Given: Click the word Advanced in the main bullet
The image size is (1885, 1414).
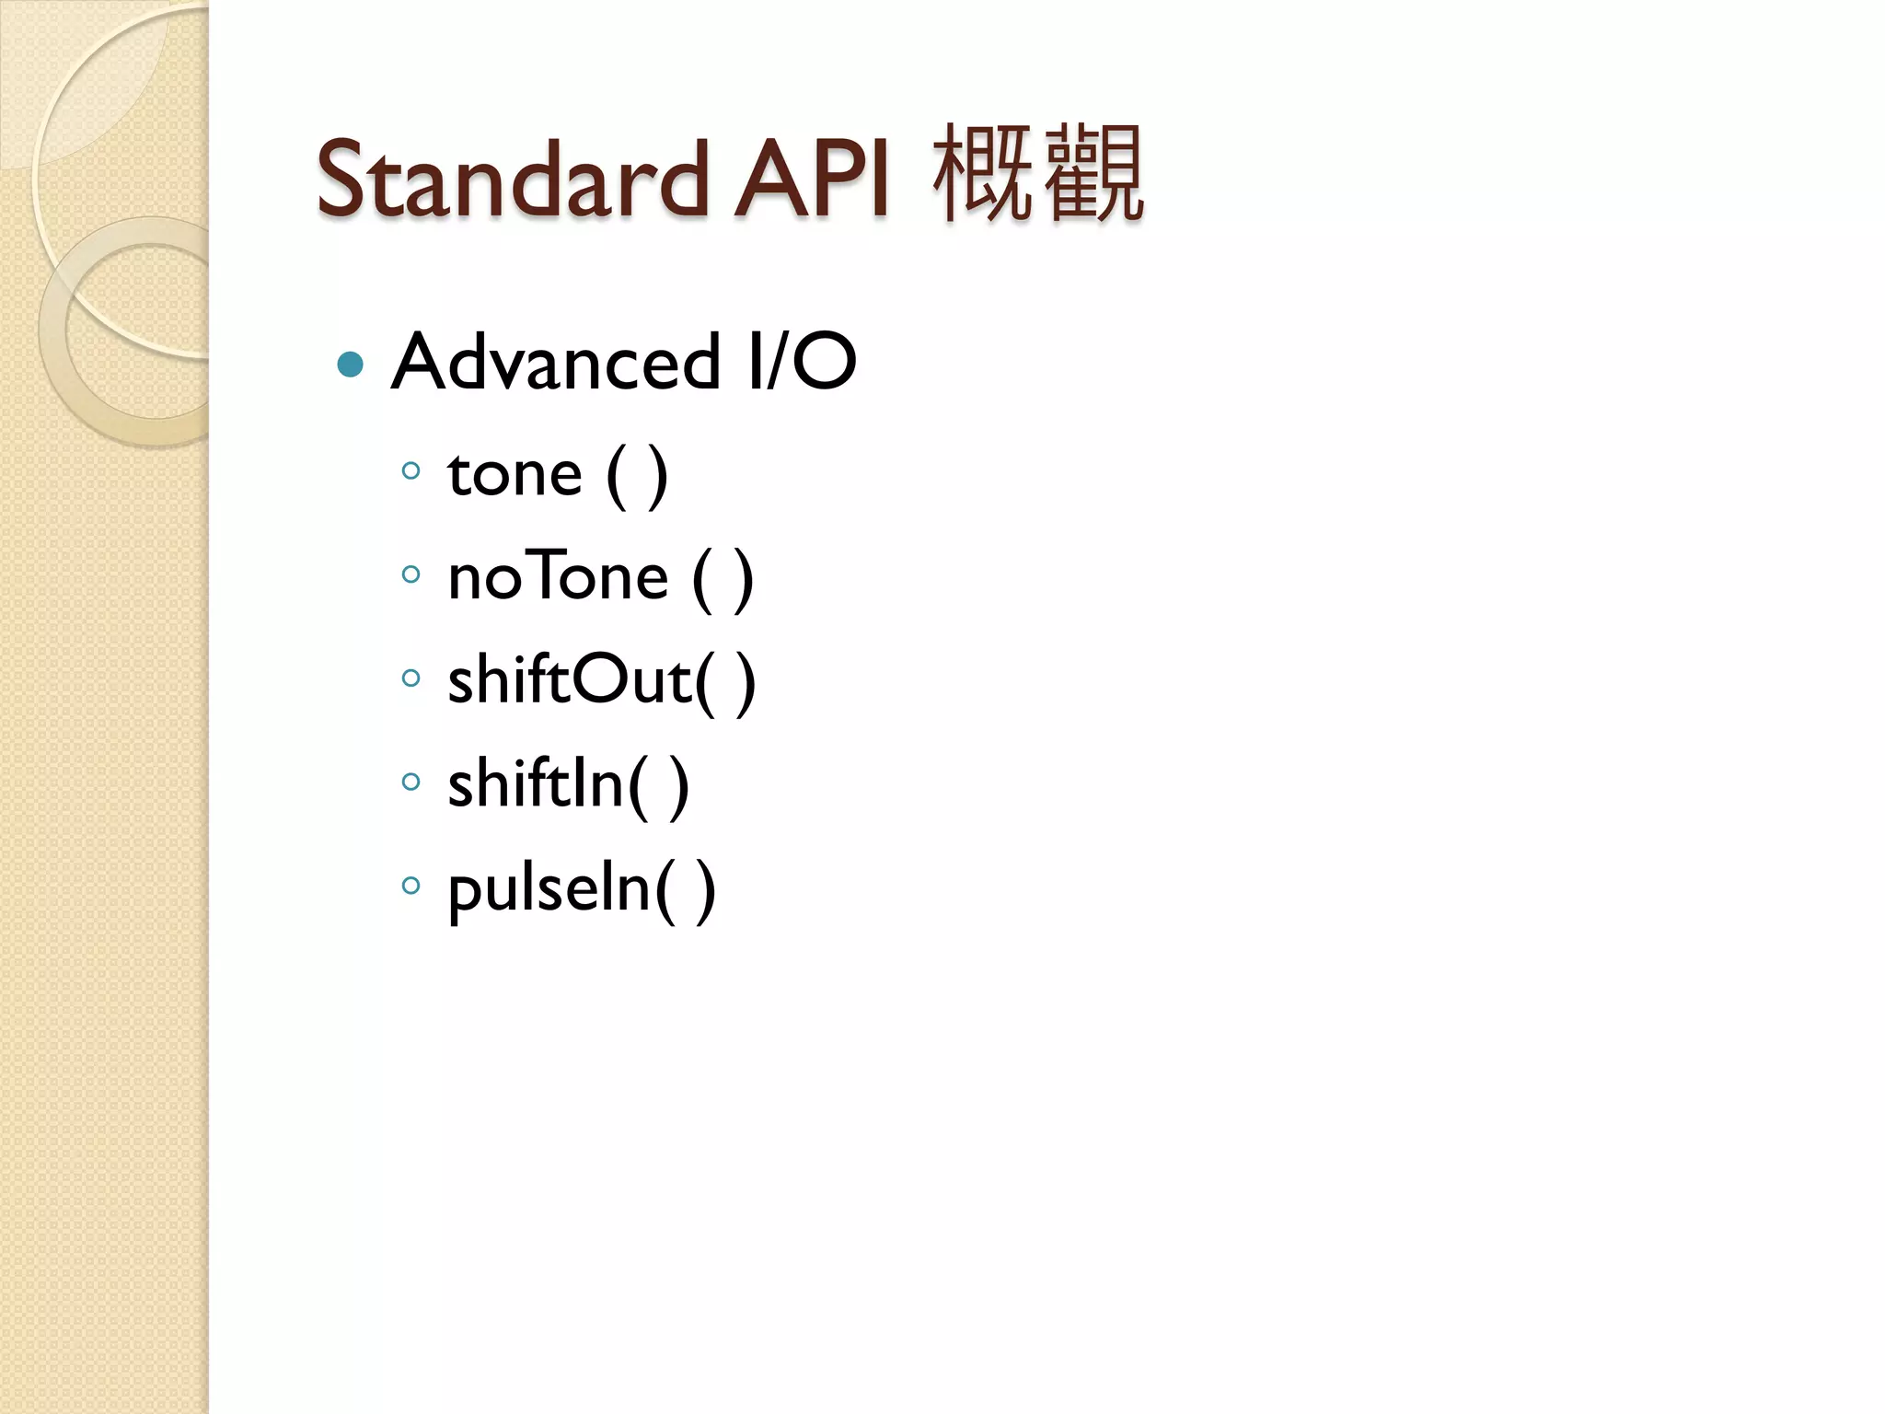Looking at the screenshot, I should coord(556,362).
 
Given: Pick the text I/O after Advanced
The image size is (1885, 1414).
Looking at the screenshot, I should coord(803,362).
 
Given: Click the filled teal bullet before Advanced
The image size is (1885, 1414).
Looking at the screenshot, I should coord(351,365).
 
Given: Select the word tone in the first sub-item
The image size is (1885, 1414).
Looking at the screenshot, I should coord(515,475).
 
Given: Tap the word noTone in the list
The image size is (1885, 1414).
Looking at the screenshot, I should coord(558,578).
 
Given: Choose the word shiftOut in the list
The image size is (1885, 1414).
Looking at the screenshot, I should coord(569,681).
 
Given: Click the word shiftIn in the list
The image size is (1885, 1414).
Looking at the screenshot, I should coord(536,784).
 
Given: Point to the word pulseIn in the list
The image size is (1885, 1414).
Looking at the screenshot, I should coord(549,888).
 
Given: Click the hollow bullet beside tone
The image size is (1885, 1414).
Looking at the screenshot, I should coord(411,471).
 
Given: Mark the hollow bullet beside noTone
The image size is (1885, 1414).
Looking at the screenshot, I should coord(411,575).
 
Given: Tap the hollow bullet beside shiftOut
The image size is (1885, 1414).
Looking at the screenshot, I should coord(411,678).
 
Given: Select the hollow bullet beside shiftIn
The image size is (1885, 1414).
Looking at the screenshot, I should coord(411,782).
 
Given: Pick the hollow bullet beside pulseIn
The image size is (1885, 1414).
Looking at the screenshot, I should coord(411,886).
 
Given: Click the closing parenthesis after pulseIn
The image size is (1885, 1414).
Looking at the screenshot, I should coord(705,890).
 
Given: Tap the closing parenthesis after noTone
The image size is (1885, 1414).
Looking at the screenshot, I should coord(743,580).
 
